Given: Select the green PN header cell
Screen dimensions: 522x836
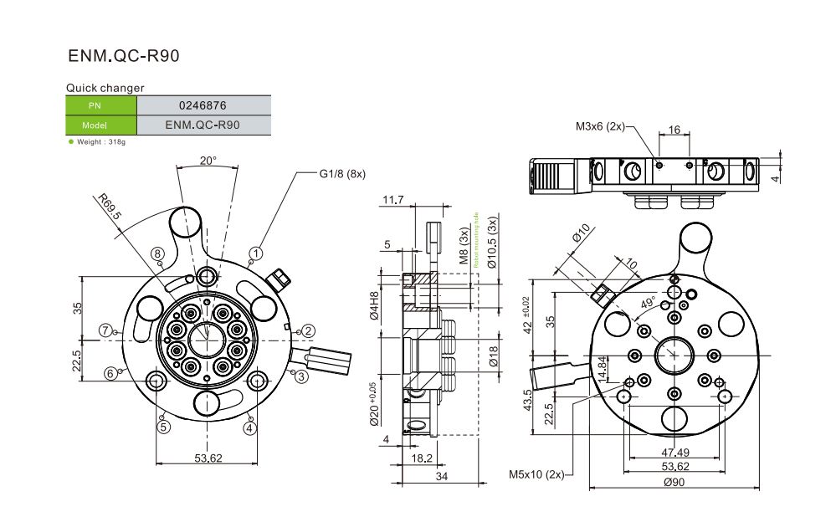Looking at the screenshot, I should point(100,105).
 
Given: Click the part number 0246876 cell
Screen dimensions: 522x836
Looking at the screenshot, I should point(203,105).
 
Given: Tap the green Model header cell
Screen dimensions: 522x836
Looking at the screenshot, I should point(100,125).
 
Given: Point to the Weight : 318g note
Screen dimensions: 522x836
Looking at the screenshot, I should point(101,142).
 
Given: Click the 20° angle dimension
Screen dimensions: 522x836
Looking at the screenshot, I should point(208,160).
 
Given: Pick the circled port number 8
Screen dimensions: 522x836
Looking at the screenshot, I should point(156,253).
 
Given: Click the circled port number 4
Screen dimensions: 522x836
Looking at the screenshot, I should point(249,427).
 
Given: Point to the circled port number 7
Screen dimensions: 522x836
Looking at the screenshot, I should point(105,330).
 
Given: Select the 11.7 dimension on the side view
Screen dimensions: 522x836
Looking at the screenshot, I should point(392,200).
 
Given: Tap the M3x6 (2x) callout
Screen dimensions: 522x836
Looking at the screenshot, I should point(600,126).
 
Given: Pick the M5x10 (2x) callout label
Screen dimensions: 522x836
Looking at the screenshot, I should point(536,474).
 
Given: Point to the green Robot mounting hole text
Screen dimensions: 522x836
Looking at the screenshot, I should point(474,239).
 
